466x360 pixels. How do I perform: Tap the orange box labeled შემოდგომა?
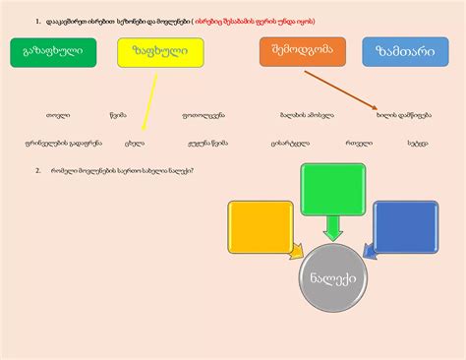click(x=303, y=51)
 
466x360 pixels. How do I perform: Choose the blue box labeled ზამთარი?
click(x=405, y=52)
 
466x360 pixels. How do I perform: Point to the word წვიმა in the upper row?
click(x=119, y=115)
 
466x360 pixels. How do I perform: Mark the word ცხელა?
click(x=135, y=142)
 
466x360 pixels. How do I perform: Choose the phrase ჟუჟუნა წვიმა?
click(x=206, y=142)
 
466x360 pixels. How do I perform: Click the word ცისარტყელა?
click(x=290, y=142)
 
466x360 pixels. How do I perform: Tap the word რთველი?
click(x=358, y=142)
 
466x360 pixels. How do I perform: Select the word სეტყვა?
click(x=418, y=142)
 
